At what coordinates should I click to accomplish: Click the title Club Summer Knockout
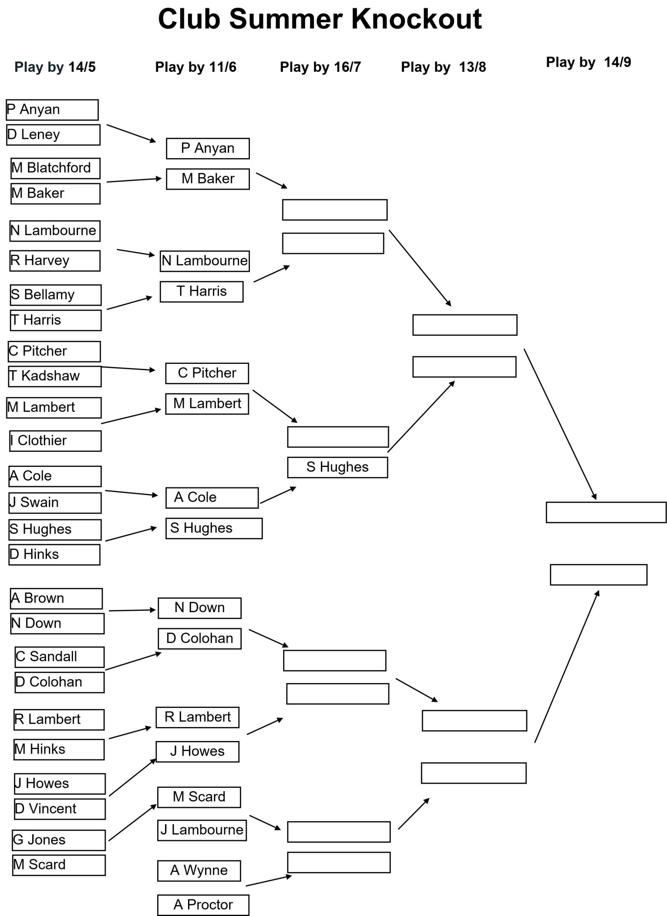click(320, 19)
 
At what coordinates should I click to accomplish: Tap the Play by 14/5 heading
click(55, 67)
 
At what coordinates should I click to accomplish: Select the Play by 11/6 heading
click(196, 67)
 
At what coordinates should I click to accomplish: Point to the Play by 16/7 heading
click(320, 67)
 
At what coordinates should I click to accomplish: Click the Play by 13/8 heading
click(443, 67)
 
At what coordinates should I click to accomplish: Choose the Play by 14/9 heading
click(588, 62)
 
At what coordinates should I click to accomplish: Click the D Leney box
click(53, 135)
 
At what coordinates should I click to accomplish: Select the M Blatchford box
click(56, 168)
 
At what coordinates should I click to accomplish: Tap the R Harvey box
click(55, 261)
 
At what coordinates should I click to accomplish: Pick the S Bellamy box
click(56, 295)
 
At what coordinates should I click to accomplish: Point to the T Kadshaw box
click(55, 376)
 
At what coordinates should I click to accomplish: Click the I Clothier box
click(56, 441)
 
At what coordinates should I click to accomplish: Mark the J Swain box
click(55, 503)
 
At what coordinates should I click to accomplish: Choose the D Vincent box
click(60, 809)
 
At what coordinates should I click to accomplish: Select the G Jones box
click(59, 840)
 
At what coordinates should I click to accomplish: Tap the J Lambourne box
click(202, 830)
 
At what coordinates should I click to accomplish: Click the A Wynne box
click(199, 871)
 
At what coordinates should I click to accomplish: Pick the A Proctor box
click(203, 905)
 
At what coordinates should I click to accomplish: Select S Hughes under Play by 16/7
click(338, 467)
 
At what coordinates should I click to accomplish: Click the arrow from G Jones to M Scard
click(133, 822)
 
